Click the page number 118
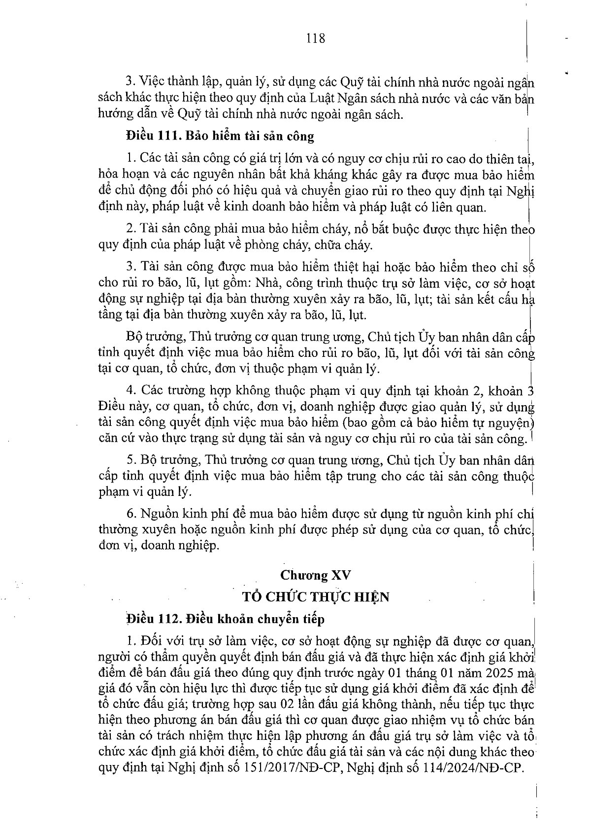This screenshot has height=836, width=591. coord(315,37)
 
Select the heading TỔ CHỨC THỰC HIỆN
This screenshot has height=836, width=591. coord(316,596)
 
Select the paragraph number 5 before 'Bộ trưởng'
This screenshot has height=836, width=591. coord(131,460)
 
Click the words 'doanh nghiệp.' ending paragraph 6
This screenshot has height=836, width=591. coord(182,545)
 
